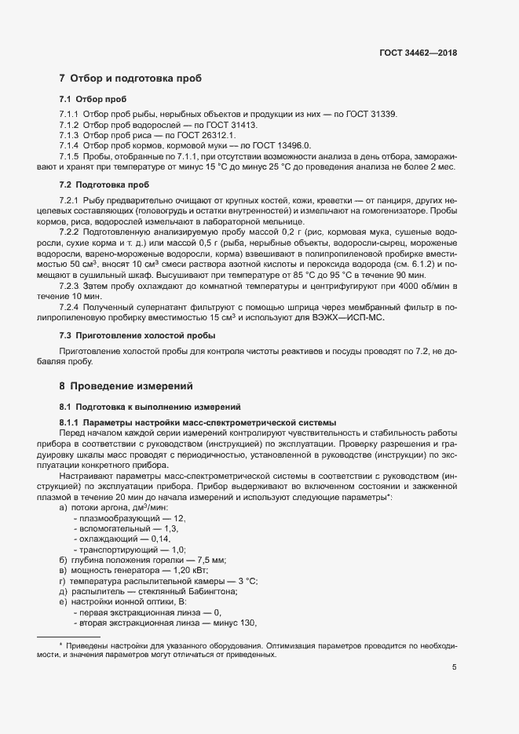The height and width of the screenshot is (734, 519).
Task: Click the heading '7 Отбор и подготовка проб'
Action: coord(130,79)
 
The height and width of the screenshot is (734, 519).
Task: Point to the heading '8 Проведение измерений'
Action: coord(126,386)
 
